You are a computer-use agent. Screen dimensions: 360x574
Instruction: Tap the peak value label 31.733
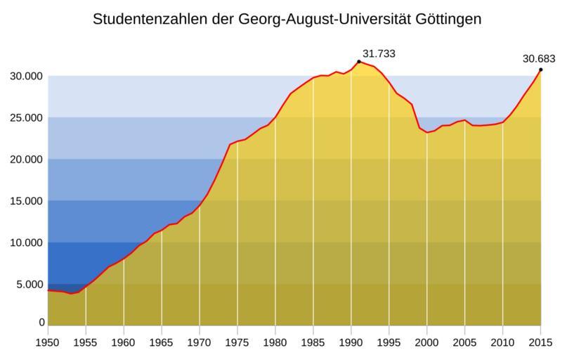coord(379,53)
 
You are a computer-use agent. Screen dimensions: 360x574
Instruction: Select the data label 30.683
coord(539,58)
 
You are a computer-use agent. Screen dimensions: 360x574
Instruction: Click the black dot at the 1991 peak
coord(359,61)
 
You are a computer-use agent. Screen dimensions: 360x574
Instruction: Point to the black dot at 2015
coord(540,69)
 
